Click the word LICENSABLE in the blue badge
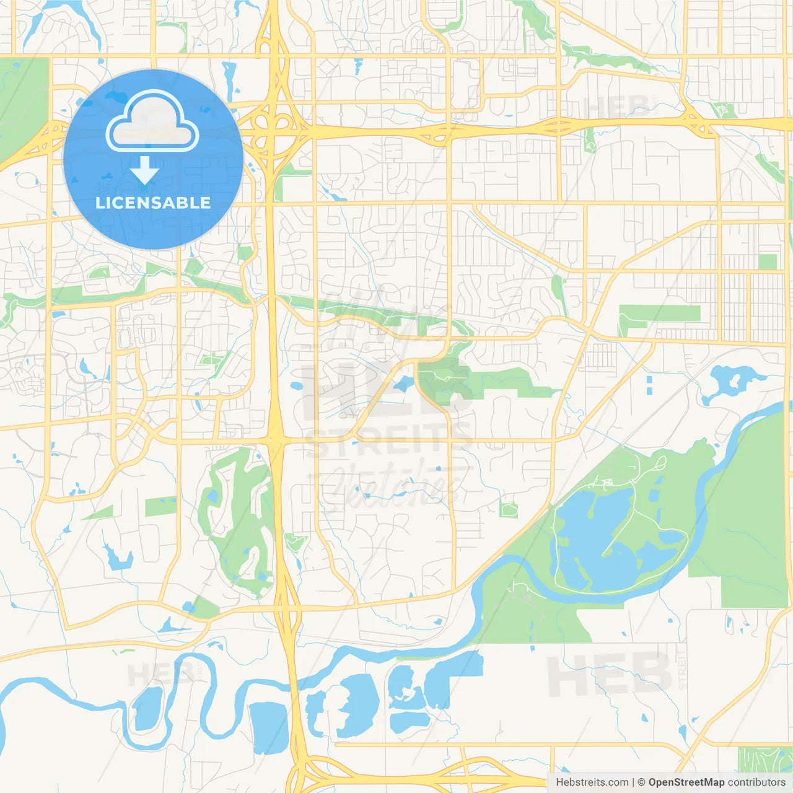coord(153,203)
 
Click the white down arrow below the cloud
coord(144,170)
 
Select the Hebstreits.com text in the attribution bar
coord(592,782)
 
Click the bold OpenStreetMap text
coord(686,782)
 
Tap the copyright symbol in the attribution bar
coord(641,782)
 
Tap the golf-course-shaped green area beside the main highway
coord(239,520)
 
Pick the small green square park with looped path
coord(509,510)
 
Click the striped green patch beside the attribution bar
coord(765,759)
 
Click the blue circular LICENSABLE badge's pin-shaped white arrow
coord(144,170)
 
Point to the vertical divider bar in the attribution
coord(633,782)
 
